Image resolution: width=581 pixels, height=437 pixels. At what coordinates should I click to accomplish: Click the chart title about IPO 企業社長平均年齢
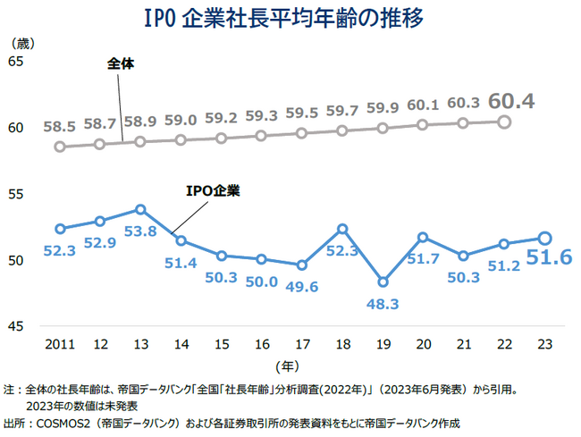point(290,18)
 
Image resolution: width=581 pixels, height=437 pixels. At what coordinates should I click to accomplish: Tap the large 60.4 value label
point(512,101)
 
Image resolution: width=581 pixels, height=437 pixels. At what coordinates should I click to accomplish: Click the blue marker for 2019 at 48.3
point(383,282)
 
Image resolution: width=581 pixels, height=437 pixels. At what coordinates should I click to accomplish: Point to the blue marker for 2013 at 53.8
point(140,209)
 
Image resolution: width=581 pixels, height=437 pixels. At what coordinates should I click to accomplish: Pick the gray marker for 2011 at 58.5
point(60,147)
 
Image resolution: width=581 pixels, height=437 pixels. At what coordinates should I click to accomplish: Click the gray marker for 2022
point(503,122)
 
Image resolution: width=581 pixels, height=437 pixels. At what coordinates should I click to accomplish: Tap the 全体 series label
point(121,64)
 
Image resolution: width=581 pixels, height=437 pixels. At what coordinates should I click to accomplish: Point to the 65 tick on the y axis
point(16,61)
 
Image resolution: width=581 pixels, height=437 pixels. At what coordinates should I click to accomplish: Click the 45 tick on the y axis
point(16,326)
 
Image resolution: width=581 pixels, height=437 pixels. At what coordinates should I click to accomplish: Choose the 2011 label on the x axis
point(59,342)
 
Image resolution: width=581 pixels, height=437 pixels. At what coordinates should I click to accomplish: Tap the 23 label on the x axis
point(543,342)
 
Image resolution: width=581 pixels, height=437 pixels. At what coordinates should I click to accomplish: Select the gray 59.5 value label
point(301,113)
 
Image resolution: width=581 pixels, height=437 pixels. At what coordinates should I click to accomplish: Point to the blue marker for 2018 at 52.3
point(342,230)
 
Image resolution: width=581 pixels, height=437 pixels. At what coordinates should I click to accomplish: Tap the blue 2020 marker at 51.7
point(423,238)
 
